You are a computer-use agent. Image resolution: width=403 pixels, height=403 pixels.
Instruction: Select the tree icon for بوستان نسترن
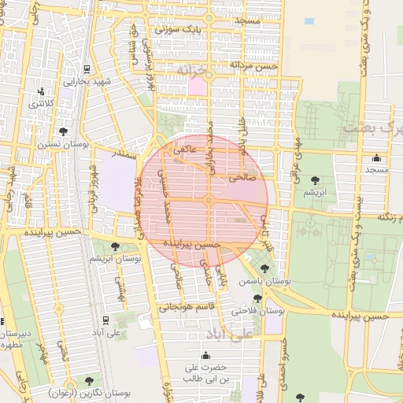(x=63, y=131)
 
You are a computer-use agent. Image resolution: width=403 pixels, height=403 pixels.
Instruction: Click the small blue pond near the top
(x=309, y=21)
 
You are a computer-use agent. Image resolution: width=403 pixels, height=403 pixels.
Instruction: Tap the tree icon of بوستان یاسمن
(x=263, y=269)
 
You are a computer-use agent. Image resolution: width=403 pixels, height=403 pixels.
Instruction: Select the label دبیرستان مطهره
(x=15, y=338)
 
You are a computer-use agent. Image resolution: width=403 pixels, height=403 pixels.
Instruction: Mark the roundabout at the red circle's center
(x=208, y=201)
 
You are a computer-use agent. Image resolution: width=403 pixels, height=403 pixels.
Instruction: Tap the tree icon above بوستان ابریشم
(x=116, y=246)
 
